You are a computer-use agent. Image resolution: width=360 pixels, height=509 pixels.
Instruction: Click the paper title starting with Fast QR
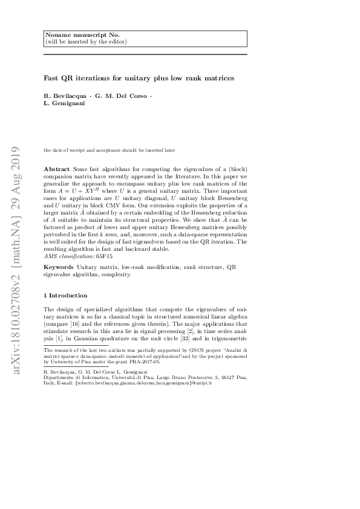coord(139,78)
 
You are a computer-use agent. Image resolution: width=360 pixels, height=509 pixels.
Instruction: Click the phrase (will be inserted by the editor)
coord(86,42)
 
